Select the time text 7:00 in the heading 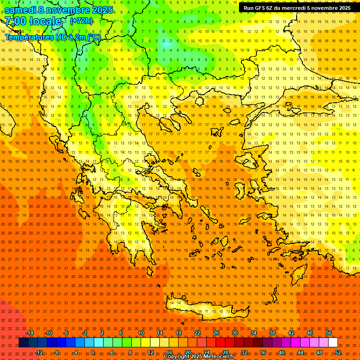pyautogui.click(x=15, y=21)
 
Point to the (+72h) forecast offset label pyautogui.click(x=81, y=21)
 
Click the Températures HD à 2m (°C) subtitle pyautogui.click(x=52, y=37)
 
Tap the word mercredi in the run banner pyautogui.click(x=293, y=8)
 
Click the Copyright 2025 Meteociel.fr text pyautogui.click(x=199, y=357)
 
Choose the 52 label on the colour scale pyautogui.click(x=338, y=352)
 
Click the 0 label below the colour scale pyautogui.click(x=93, y=352)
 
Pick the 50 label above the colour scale pyautogui.click(x=329, y=333)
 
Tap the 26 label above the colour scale pyautogui.click(x=216, y=333)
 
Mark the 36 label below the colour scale pyautogui.click(x=263, y=352)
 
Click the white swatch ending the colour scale pyautogui.click(x=333, y=343)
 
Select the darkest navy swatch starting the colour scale pyautogui.click(x=23, y=343)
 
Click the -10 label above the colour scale pyautogui.click(x=48, y=333)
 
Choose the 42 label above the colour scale pyautogui.click(x=291, y=333)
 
